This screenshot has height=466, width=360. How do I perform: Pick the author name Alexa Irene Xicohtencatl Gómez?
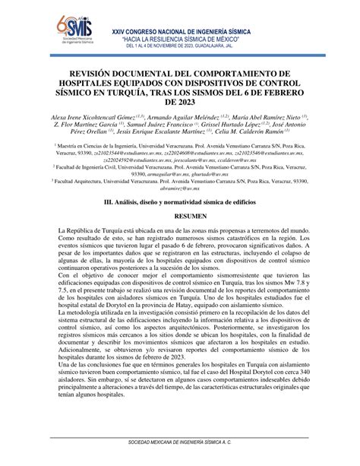coord(90,119)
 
